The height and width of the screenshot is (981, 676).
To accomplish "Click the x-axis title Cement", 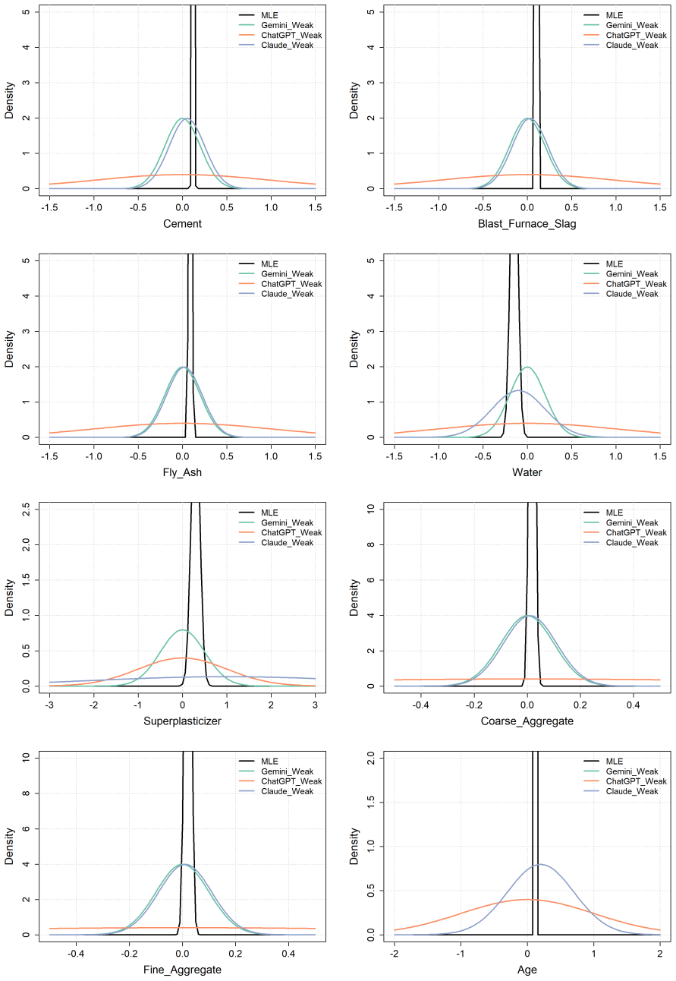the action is coord(182,224).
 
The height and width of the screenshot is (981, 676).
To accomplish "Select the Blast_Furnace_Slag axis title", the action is coord(527,224).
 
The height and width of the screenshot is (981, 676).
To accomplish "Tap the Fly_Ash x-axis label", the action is coord(182,472).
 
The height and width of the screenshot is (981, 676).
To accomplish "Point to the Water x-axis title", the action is coord(527,472).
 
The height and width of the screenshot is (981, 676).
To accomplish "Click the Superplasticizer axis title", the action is coord(182,721).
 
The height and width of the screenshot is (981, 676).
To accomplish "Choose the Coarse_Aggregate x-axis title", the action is coord(527,721).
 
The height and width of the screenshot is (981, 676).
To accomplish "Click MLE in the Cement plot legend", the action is coord(269,15).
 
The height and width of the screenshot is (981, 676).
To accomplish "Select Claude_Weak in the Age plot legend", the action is coord(632,791).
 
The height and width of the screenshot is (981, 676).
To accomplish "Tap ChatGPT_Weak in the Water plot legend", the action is coord(637,284).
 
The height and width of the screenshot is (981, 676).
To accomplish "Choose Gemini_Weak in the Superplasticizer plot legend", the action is coord(287,522).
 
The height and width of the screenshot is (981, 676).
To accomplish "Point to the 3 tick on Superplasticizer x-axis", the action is coord(315,705).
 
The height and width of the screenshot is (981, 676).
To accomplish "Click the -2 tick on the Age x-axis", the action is coord(395,954).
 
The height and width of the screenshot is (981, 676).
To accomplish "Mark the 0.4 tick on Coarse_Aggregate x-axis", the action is coord(633,705).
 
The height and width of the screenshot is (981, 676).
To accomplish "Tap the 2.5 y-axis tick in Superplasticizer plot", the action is coord(26,509).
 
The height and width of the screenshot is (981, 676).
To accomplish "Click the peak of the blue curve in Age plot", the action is coord(540,864).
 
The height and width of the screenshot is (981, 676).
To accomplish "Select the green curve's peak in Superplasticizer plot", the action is coord(182,629).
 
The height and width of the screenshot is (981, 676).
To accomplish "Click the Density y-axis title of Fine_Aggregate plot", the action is coord(9,846).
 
